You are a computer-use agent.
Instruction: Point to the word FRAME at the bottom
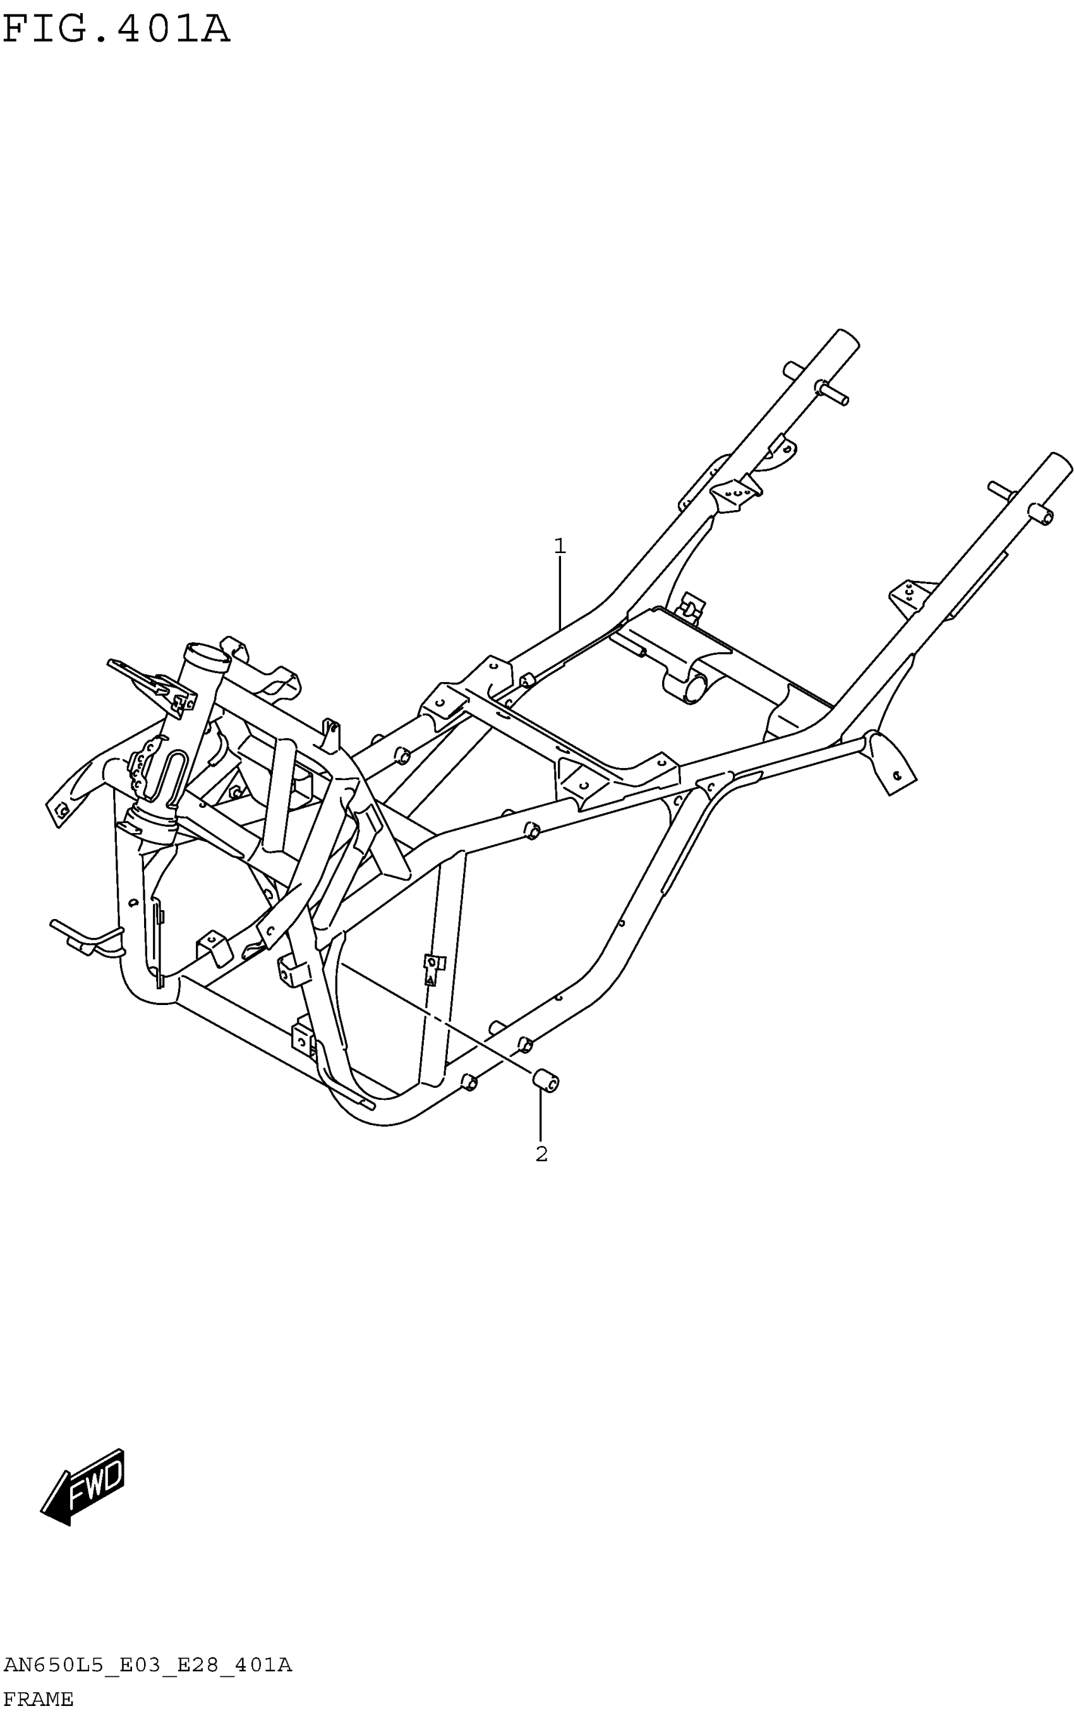pyautogui.click(x=39, y=1700)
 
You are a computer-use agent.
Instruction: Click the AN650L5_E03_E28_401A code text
pyautogui.click(x=148, y=1665)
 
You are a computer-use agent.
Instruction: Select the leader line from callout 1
pyautogui.click(x=560, y=594)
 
